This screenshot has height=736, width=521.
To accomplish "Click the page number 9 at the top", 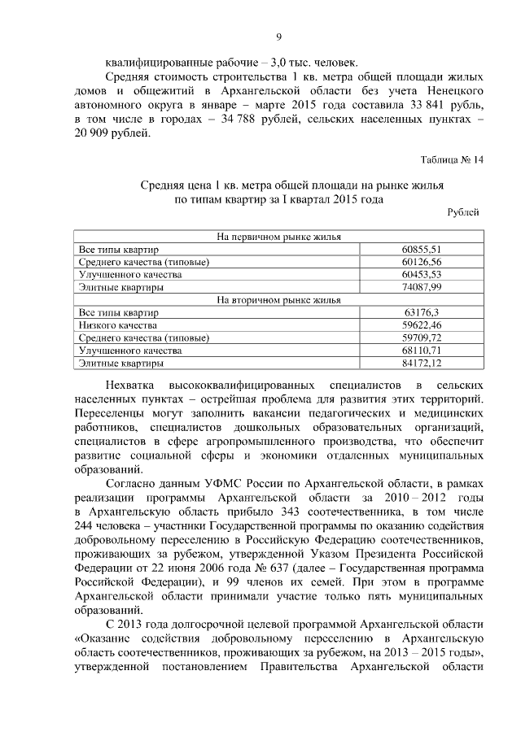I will (278, 37).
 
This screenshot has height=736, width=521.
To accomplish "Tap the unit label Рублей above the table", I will (464, 211).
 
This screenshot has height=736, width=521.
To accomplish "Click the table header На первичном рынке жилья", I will (278, 237).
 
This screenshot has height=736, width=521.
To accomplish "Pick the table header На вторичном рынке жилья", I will (278, 299).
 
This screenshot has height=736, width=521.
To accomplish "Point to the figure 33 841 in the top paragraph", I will (419, 107).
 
